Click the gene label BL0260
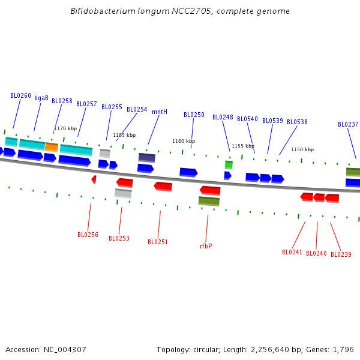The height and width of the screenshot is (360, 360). [x=20, y=96]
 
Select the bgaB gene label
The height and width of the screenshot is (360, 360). [x=41, y=98]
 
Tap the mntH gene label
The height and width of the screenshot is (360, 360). [x=160, y=112]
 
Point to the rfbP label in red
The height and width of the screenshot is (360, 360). [x=206, y=246]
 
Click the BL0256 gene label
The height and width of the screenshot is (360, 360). [x=88, y=235]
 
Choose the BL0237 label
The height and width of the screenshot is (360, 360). [x=348, y=125]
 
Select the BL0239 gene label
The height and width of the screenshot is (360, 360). [x=341, y=254]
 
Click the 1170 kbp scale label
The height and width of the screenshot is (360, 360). [x=65, y=128]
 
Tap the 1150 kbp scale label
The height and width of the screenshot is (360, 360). [x=302, y=149]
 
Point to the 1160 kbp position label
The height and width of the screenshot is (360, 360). [x=184, y=142]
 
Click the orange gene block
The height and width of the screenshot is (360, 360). [x=52, y=146]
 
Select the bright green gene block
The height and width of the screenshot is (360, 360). [x=229, y=164]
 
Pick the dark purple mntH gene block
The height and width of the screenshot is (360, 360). [x=147, y=157]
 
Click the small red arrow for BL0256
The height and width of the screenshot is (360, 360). [x=94, y=179]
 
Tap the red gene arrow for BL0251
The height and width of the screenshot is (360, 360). [x=163, y=187]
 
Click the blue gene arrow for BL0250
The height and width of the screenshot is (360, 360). [x=188, y=172]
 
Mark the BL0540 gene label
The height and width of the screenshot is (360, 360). [x=247, y=119]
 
